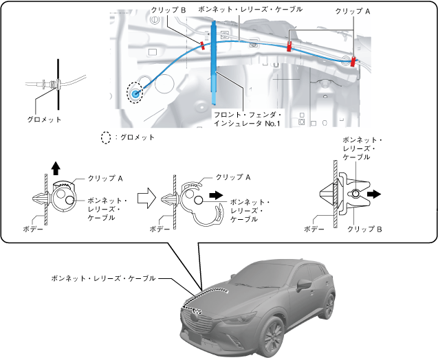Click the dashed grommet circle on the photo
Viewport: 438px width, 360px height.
pos(135,93)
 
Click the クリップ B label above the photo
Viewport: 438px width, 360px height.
pos(168,11)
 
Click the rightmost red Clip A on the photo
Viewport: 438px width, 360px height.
pos(353,61)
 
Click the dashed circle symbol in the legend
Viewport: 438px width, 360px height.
pos(106,137)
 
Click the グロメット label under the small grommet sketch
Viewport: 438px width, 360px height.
pos(45,119)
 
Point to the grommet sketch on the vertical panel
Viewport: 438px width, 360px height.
pos(52,85)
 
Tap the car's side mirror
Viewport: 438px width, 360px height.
pos(303,284)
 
